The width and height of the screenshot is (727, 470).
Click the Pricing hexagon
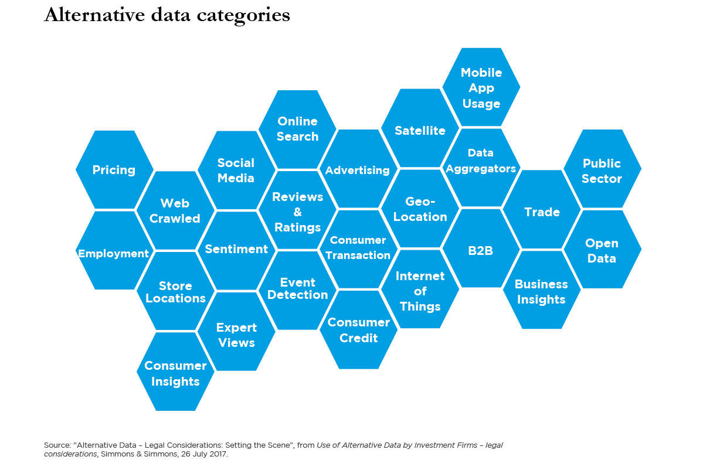(114, 170)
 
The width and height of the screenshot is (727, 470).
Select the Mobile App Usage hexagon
(481, 88)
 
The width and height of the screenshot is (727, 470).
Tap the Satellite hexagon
(420, 130)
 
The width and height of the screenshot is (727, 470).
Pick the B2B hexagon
(481, 250)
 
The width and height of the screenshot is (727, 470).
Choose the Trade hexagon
(542, 212)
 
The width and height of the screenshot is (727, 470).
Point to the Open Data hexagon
(602, 250)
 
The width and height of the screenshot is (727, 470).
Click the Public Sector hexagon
(602, 171)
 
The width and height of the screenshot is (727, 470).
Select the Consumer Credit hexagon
(358, 330)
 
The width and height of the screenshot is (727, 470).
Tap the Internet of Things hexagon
(420, 291)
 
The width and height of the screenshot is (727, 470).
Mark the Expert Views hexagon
(236, 335)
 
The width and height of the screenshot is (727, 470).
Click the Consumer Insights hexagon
(175, 373)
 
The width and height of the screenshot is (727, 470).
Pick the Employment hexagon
(114, 253)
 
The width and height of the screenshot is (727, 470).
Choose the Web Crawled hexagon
(175, 210)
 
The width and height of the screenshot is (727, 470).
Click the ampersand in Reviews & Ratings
(298, 212)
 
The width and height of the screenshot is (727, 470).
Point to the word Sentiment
(236, 249)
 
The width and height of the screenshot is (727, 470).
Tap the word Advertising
(358, 170)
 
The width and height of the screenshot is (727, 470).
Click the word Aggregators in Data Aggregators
(481, 168)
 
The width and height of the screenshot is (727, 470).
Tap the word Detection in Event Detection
(298, 295)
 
